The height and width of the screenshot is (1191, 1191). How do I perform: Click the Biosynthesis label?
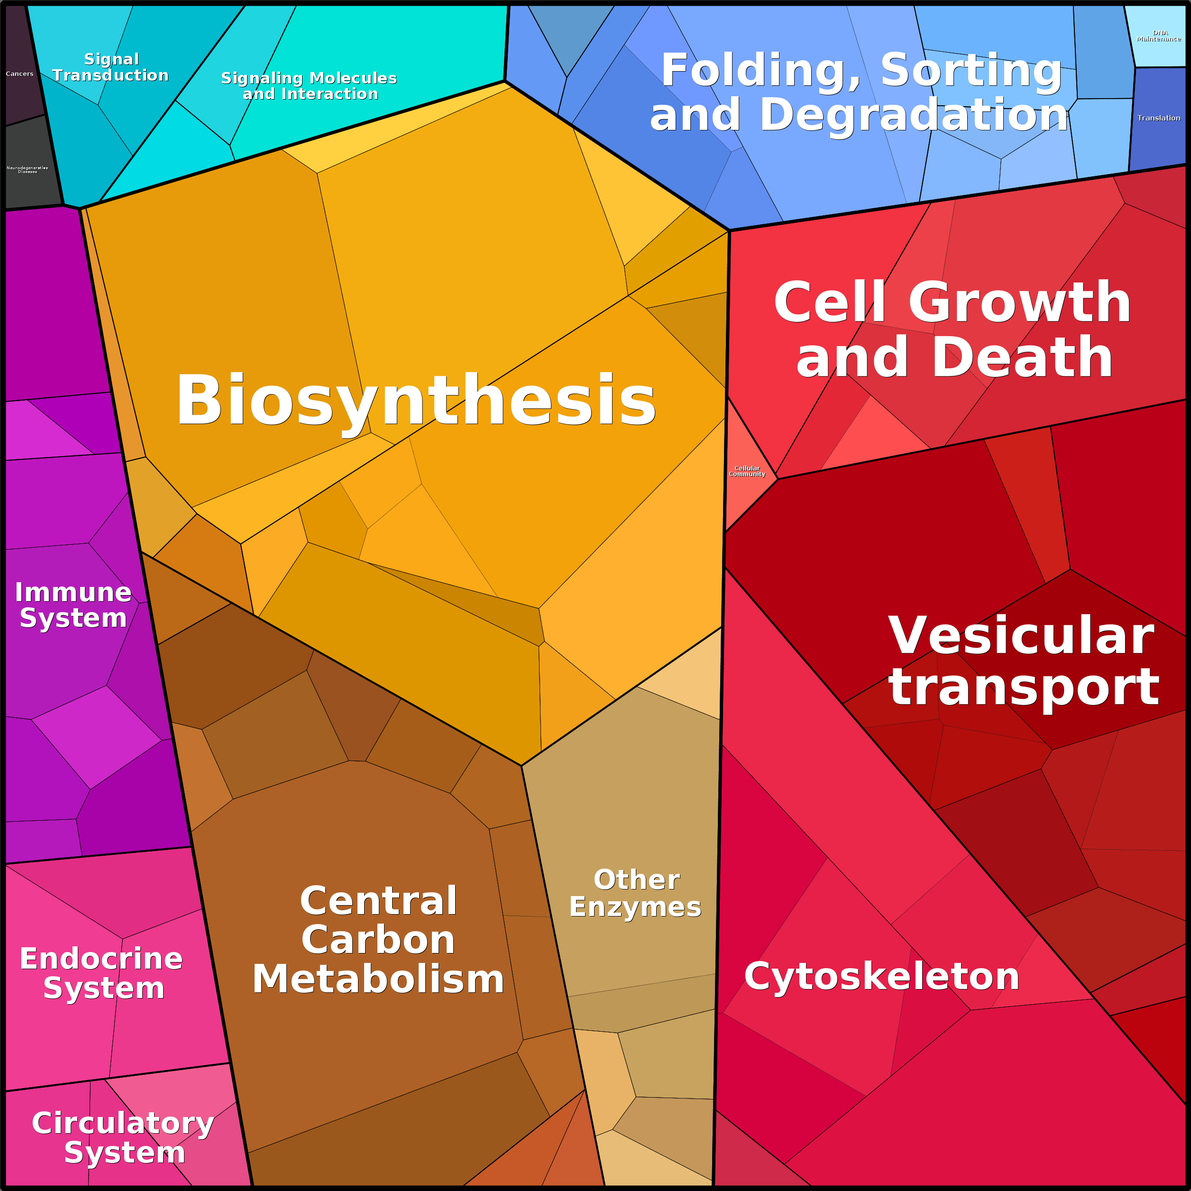tap(416, 401)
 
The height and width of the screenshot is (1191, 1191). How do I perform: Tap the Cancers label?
tap(20, 74)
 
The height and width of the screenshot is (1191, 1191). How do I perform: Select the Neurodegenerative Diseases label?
tap(27, 170)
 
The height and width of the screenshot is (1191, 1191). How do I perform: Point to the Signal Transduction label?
tap(111, 67)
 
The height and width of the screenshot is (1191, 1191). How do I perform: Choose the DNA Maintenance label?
tap(1159, 36)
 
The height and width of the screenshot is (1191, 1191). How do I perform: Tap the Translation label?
tap(1159, 118)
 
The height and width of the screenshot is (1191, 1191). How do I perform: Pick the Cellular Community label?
tap(747, 471)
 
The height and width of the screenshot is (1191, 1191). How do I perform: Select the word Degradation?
tap(914, 115)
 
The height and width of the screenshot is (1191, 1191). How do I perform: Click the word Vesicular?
tap(1021, 636)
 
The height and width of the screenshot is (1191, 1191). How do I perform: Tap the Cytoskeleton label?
tap(881, 977)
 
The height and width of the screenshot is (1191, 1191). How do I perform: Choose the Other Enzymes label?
tap(636, 893)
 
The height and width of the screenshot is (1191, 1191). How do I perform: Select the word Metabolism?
tap(378, 979)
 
